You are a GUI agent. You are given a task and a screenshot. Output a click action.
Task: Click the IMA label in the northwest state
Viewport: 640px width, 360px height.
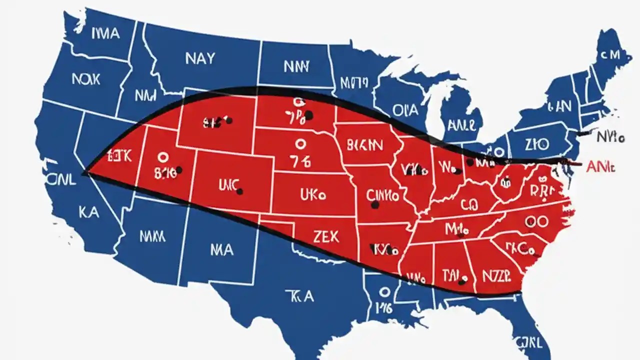(105, 33)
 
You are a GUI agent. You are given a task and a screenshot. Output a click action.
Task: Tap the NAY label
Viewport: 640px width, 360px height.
(200, 59)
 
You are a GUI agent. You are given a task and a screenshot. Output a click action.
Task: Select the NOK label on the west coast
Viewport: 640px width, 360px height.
(85, 79)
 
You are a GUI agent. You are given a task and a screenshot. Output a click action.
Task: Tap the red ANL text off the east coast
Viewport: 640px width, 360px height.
(600, 167)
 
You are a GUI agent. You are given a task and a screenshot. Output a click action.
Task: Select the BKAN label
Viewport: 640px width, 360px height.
(365, 145)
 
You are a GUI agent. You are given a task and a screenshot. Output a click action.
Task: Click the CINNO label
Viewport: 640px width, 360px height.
(383, 194)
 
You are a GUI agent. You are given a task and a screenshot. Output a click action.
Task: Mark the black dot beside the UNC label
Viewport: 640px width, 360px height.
(240, 191)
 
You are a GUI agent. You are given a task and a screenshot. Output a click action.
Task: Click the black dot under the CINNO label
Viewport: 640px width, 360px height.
(374, 204)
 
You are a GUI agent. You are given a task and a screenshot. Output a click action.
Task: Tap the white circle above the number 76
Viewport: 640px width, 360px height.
(299, 144)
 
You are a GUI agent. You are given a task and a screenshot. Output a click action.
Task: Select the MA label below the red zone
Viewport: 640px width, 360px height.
(221, 249)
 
